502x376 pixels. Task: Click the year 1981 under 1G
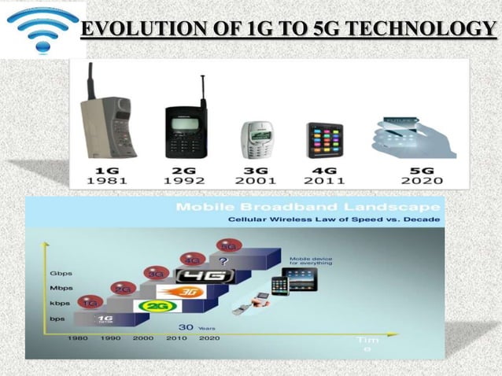pos(109,180)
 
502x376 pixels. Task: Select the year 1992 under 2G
pos(183,180)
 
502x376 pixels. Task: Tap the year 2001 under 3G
pos(255,180)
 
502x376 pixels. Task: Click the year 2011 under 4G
pos(323,180)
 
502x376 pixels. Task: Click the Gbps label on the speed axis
pos(61,275)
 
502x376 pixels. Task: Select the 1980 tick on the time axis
pos(79,338)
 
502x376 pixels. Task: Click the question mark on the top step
pos(224,259)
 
